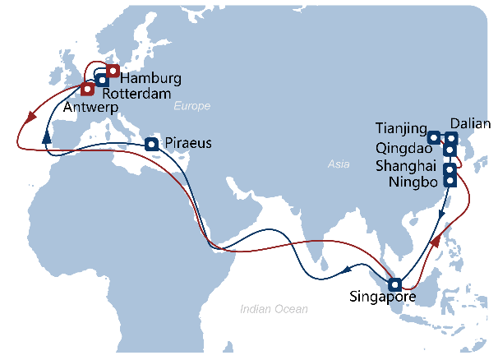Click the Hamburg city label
(150, 78)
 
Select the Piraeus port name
(188, 143)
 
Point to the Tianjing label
(401, 128)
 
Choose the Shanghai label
(401, 165)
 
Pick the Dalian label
(473, 122)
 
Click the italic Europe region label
(192, 106)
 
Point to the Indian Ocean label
(274, 309)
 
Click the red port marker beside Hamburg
(113, 71)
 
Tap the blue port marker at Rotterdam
(101, 80)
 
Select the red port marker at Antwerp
(86, 88)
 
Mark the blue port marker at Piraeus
(152, 145)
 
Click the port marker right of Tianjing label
(435, 136)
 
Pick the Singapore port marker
(395, 284)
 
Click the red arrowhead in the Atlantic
(32, 116)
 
